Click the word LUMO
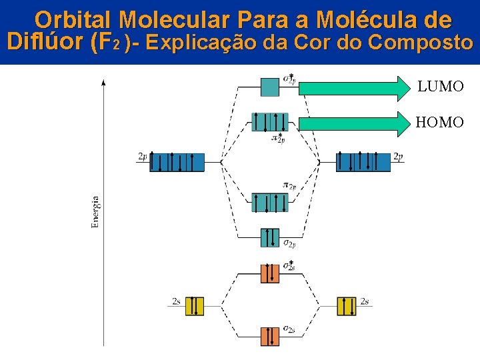tap(441, 87)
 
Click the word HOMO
tap(440, 122)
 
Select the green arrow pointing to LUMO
tap(353, 87)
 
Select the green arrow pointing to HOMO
tap(353, 122)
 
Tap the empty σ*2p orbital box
tap(270, 87)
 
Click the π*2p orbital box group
tap(270, 122)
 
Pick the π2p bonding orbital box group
tap(270, 202)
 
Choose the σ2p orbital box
tap(270, 237)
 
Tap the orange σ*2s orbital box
tap(270, 273)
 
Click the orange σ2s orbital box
tap(270, 336)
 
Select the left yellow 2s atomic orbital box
tap(195, 305)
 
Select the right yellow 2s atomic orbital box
tap(347, 305)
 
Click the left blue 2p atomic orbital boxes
tap(177, 162)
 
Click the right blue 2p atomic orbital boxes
tap(363, 162)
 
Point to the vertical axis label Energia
tap(95, 212)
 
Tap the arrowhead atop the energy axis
tap(103, 82)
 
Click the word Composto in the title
tap(420, 43)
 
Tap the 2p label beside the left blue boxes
tap(142, 157)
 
